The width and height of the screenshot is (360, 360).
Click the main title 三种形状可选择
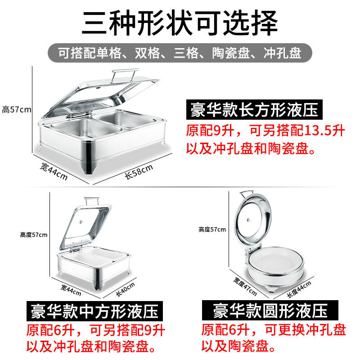pyautogui.click(x=180, y=23)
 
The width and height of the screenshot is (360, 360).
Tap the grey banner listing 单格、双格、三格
pyautogui.click(x=180, y=53)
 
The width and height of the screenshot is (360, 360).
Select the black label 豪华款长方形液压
pyautogui.click(x=254, y=109)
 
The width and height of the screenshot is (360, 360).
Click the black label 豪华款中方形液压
pyautogui.click(x=94, y=311)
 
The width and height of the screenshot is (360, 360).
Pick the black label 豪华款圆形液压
pyautogui.click(x=270, y=310)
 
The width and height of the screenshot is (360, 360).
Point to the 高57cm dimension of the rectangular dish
pyautogui.click(x=17, y=109)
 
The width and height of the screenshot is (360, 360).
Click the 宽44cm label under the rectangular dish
pyautogui.click(x=54, y=171)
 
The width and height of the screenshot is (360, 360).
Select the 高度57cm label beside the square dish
pyautogui.click(x=33, y=234)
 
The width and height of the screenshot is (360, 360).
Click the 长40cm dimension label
pyautogui.click(x=125, y=289)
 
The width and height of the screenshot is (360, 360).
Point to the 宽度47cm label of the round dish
pyautogui.click(x=245, y=286)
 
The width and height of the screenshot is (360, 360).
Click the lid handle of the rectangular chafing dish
pyautogui.click(x=125, y=74)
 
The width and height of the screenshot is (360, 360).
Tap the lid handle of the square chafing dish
pyautogui.click(x=92, y=201)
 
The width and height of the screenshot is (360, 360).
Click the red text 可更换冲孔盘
pyautogui.click(x=306, y=330)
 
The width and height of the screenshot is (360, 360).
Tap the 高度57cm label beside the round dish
pyautogui.click(x=212, y=229)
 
